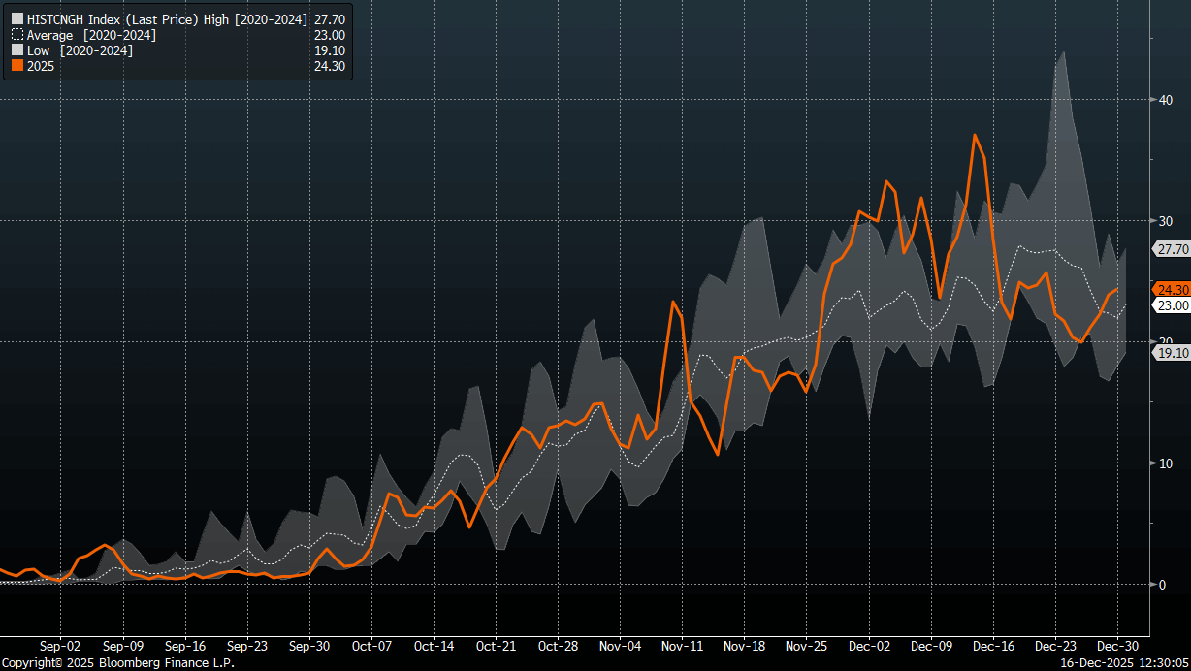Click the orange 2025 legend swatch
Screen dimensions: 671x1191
[x=16, y=67]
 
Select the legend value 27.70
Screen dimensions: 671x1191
[x=330, y=18]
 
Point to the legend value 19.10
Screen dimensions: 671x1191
[x=330, y=50]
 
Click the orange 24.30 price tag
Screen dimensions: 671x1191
[x=1173, y=289]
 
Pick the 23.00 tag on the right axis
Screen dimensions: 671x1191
[x=1173, y=305]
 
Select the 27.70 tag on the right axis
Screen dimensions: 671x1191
[x=1173, y=249]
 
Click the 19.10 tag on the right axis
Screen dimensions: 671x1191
[x=1173, y=353]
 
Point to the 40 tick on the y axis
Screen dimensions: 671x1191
[x=1165, y=100]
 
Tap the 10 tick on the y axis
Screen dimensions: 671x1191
[x=1165, y=463]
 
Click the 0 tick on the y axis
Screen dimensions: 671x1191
[x=1161, y=584]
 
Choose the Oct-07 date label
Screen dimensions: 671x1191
[x=371, y=645]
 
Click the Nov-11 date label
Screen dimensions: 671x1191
[x=683, y=645]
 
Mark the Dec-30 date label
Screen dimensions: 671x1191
[x=1117, y=645]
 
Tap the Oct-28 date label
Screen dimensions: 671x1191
[x=559, y=645]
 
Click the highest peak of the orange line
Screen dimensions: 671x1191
[x=974, y=135]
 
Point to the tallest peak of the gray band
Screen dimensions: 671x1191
[x=1064, y=52]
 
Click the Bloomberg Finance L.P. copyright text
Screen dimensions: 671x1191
[x=117, y=663]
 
